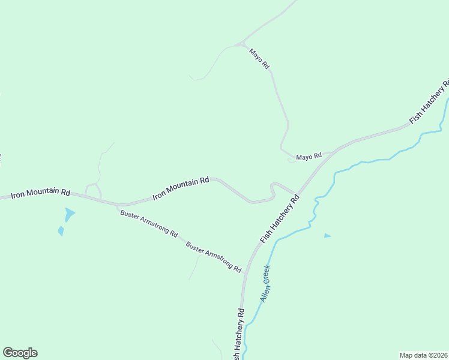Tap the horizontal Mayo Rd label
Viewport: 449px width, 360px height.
309,157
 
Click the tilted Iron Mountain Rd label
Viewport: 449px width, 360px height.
181,188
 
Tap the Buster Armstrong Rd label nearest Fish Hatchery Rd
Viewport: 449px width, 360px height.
213,256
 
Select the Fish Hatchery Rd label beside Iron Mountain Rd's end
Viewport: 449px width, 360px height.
280,218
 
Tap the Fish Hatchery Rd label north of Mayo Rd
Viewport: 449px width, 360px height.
430,102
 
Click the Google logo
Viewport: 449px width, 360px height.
20,353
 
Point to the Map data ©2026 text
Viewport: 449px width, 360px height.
424,355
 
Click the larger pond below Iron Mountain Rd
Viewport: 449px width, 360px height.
70,214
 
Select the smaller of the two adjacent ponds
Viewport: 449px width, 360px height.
61,231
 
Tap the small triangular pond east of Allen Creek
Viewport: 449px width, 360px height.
327,236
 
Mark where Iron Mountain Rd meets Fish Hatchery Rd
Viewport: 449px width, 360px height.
297,194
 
